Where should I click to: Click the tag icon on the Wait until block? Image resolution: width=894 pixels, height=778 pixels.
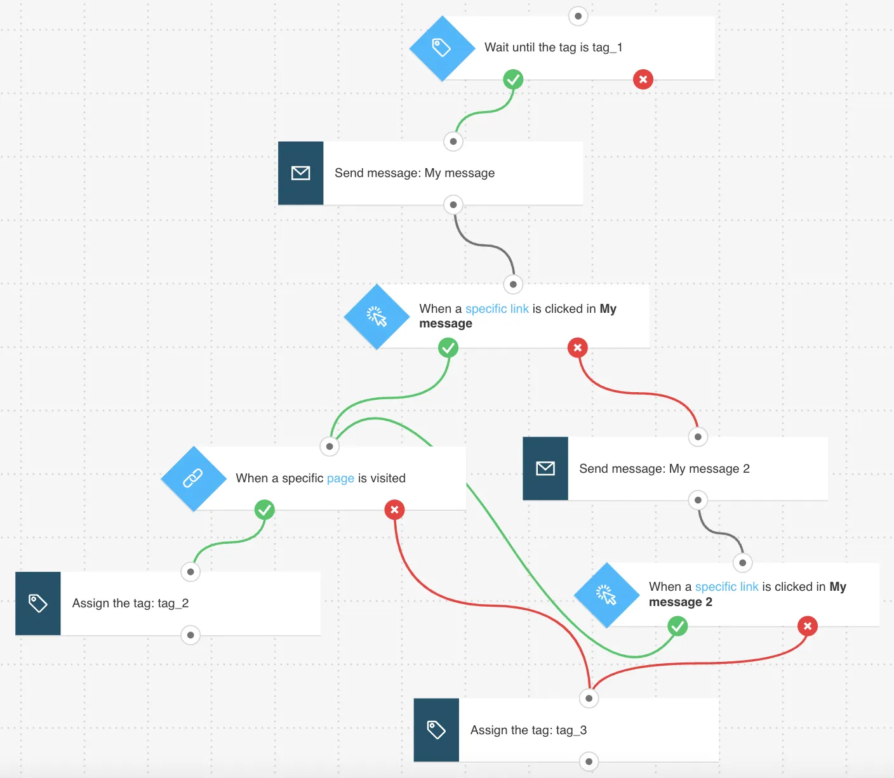click(441, 48)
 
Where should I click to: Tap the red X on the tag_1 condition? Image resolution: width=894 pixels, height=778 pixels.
click(643, 79)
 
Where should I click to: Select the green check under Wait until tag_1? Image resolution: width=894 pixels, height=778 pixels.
click(513, 79)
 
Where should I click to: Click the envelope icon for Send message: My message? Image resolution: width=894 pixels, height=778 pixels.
click(300, 173)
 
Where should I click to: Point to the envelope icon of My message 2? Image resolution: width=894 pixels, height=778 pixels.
click(545, 468)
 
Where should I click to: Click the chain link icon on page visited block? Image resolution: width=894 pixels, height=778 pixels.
click(192, 478)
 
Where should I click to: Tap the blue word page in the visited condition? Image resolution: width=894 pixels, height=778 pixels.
click(340, 478)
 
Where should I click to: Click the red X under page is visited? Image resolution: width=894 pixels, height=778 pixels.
click(394, 510)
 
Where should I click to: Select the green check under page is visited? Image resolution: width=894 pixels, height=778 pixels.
click(264, 510)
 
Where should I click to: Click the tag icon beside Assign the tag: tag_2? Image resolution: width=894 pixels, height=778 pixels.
click(38, 603)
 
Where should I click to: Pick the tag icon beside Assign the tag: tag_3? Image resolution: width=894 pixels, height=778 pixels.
click(436, 730)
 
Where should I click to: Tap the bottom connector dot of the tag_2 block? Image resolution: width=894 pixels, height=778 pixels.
click(190, 635)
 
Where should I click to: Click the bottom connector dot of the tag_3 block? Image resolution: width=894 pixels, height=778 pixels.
click(589, 762)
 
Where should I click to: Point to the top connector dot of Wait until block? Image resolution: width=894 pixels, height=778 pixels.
click(578, 16)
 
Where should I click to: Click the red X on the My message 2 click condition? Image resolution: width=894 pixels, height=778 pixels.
click(808, 626)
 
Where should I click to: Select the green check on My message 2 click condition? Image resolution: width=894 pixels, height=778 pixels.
click(677, 626)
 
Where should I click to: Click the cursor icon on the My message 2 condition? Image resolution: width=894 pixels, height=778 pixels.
click(606, 595)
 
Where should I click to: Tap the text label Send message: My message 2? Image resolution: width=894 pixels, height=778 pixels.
click(664, 468)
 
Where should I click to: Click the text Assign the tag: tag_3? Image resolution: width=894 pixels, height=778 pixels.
click(528, 730)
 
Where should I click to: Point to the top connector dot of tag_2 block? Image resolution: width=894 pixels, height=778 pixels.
click(190, 572)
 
